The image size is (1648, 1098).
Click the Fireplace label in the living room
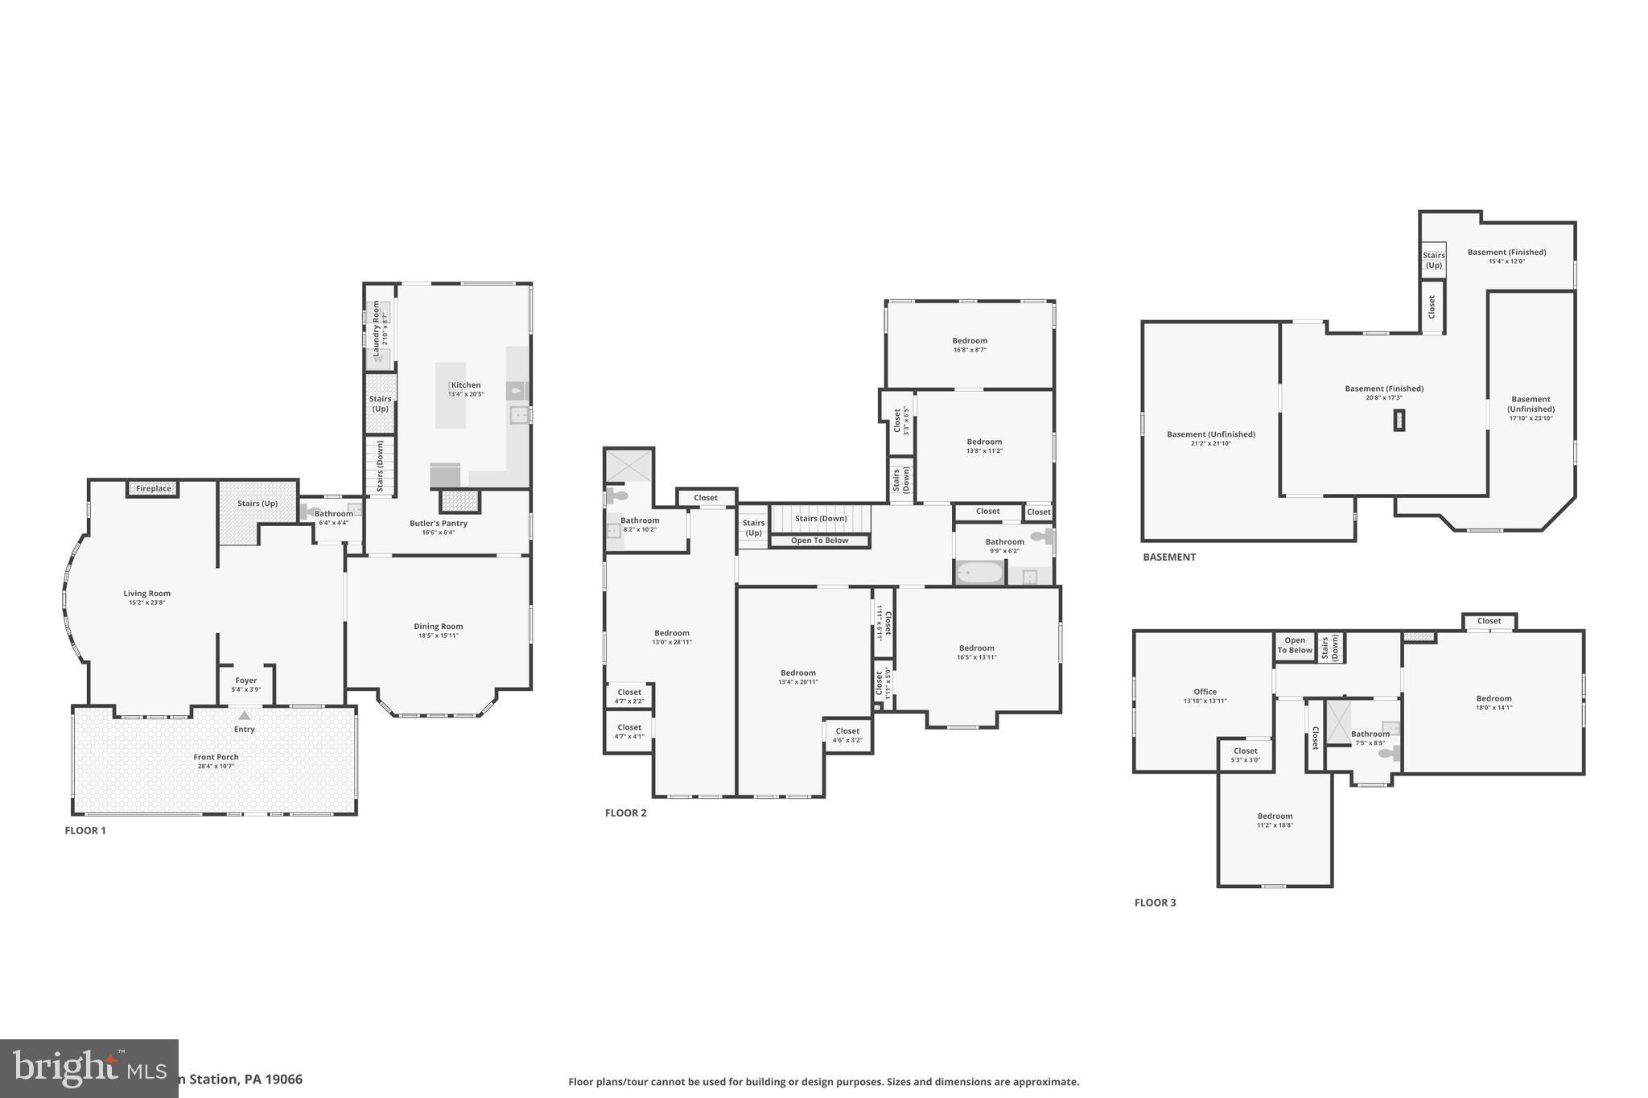pyautogui.click(x=153, y=488)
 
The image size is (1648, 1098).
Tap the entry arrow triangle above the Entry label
pyautogui.click(x=244, y=715)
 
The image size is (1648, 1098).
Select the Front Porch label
pyautogui.click(x=216, y=757)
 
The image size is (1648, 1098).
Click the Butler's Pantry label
pyautogui.click(x=438, y=524)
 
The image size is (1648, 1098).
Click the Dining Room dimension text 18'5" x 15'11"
pyautogui.click(x=438, y=635)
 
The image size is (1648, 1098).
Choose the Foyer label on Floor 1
pyautogui.click(x=245, y=681)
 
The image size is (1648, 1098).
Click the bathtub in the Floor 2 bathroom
pyautogui.click(x=979, y=574)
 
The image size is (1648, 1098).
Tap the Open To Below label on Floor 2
pyautogui.click(x=819, y=541)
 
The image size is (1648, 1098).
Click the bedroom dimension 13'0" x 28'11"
pyautogui.click(x=671, y=642)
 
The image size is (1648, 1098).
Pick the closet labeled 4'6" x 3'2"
pyautogui.click(x=847, y=735)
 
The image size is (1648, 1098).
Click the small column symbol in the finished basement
pyautogui.click(x=1399, y=421)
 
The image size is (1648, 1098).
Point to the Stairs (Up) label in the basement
pyautogui.click(x=1433, y=260)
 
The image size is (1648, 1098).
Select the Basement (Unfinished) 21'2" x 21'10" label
pyautogui.click(x=1210, y=438)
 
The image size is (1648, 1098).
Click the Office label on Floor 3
pyautogui.click(x=1205, y=692)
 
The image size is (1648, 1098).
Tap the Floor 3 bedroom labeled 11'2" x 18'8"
pyautogui.click(x=1275, y=820)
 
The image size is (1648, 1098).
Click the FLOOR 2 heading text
pyautogui.click(x=625, y=813)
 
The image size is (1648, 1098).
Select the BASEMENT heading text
pyautogui.click(x=1168, y=557)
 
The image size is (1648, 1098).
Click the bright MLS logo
pyautogui.click(x=89, y=1068)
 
